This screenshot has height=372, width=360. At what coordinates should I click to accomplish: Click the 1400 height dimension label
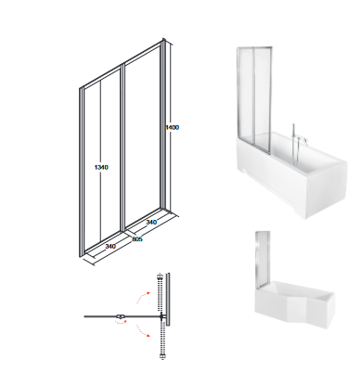pos(173,127)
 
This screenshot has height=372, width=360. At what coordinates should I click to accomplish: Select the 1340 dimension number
pos(101,167)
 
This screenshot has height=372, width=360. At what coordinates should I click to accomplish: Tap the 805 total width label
pos(137,239)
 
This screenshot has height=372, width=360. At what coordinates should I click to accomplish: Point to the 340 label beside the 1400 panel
pos(151,222)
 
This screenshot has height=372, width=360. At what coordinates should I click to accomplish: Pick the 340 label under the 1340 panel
pos(110,247)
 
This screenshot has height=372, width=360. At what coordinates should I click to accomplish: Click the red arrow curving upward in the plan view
pos(142,296)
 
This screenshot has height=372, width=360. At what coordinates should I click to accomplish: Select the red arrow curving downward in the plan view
pos(143,330)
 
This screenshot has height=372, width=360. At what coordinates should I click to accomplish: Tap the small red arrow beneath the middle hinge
pos(121,322)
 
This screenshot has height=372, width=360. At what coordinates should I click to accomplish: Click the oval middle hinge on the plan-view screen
pos(121,316)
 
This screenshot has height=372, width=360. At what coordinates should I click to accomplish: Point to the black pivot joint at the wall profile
pos(161,316)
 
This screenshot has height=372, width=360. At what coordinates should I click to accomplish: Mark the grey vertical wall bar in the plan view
pos(168,299)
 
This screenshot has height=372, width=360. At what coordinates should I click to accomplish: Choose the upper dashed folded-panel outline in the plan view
pos(160,293)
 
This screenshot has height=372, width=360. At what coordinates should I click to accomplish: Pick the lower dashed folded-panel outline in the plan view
pos(161,340)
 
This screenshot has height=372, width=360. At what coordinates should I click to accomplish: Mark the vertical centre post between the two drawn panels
pos(123,148)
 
